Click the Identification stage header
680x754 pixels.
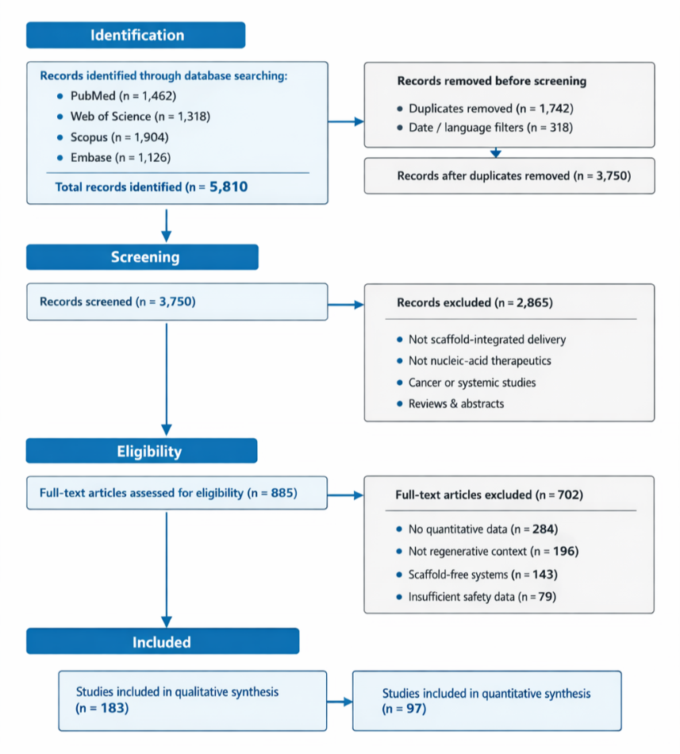pos(136,35)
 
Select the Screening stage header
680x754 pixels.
pos(143,257)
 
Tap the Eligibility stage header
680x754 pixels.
pos(143,451)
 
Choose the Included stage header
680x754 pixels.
pos(162,641)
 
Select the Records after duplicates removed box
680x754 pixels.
pos(509,176)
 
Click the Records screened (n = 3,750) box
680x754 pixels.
pos(177,302)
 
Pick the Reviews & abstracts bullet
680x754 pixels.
pos(455,403)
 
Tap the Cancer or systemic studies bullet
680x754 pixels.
pos(471,383)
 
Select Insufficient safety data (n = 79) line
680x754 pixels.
pos(482,596)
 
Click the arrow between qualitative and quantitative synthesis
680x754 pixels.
pos(340,702)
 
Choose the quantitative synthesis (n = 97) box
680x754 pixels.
pos(486,701)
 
